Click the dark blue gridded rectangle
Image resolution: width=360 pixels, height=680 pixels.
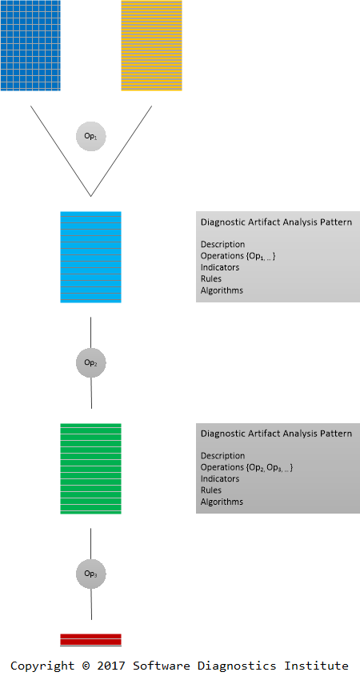click(30, 46)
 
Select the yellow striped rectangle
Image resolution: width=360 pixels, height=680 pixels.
click(151, 46)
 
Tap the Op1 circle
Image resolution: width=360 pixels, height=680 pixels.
click(90, 136)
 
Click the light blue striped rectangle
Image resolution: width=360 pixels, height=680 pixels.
click(90, 257)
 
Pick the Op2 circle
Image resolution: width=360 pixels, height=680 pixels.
click(90, 362)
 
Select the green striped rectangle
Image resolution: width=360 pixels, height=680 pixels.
click(90, 468)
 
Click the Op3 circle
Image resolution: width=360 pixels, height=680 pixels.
click(90, 574)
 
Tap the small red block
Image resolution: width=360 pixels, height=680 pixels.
click(90, 640)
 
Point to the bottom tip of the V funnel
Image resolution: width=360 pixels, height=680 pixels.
click(90, 197)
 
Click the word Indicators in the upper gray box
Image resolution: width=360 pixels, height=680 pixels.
click(220, 267)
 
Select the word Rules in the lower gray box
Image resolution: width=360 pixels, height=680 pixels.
click(210, 490)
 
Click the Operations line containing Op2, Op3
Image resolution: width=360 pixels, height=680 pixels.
click(246, 467)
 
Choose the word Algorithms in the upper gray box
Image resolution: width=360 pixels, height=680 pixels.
click(222, 290)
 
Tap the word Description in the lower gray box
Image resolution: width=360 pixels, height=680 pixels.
click(222, 456)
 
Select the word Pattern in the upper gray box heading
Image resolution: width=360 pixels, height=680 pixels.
click(336, 222)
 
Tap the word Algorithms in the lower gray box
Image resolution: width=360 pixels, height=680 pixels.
click(222, 502)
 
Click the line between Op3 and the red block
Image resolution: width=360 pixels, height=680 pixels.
click(91, 604)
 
